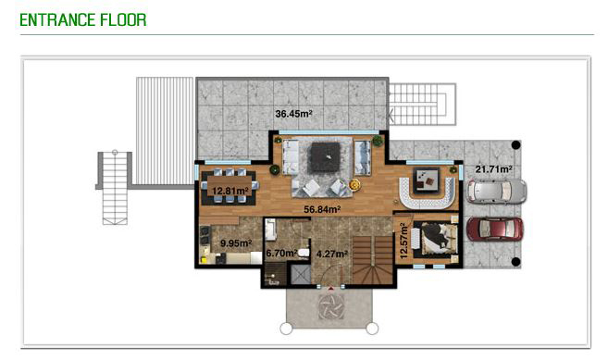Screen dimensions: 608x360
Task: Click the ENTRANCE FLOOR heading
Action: [x=83, y=19]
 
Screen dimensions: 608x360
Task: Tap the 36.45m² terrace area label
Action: [x=293, y=114]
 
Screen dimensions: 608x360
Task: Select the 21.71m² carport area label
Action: [x=493, y=169]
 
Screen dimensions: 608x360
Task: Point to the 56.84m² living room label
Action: [x=322, y=209]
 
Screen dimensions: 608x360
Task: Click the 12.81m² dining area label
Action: [x=230, y=191]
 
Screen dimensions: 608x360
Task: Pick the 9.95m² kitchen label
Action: [x=236, y=243]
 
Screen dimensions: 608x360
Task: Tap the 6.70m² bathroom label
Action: [x=281, y=254]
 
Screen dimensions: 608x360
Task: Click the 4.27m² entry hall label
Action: [x=332, y=254]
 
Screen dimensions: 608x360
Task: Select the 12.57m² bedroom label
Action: [x=403, y=241]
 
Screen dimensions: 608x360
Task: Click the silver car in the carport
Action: [x=496, y=192]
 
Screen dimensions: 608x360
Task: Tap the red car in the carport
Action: [x=495, y=229]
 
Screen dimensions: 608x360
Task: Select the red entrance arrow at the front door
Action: [x=330, y=288]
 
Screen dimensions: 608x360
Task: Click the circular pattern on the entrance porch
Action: [x=331, y=307]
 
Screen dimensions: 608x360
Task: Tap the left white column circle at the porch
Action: [x=286, y=329]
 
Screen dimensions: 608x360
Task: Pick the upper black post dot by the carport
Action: [x=515, y=145]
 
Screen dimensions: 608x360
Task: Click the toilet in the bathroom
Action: [x=304, y=253]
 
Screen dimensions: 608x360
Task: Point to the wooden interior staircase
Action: [x=373, y=259]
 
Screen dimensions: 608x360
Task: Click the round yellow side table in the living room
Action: [x=354, y=185]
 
